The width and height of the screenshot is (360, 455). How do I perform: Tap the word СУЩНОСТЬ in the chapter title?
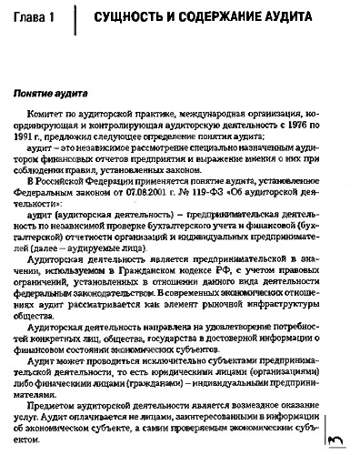tap(140, 18)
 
